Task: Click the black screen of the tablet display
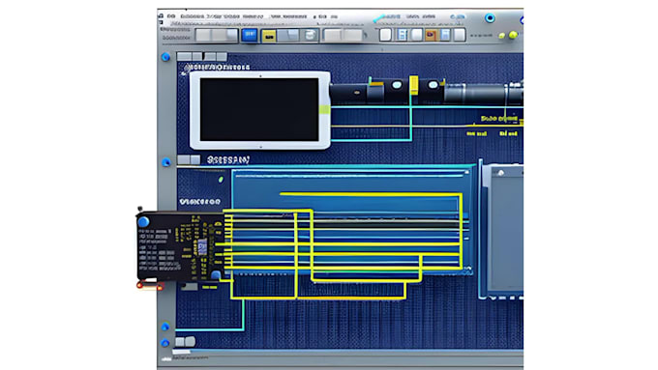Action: [258, 109]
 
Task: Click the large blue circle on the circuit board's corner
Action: [144, 223]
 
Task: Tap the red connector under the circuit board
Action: [150, 285]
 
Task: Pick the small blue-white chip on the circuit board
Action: [201, 246]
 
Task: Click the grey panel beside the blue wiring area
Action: [503, 228]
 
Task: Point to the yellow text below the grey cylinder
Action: [500, 119]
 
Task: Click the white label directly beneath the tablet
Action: [227, 159]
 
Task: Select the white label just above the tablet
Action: [220, 68]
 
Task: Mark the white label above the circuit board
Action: [201, 200]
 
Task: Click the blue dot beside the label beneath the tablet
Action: [167, 161]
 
